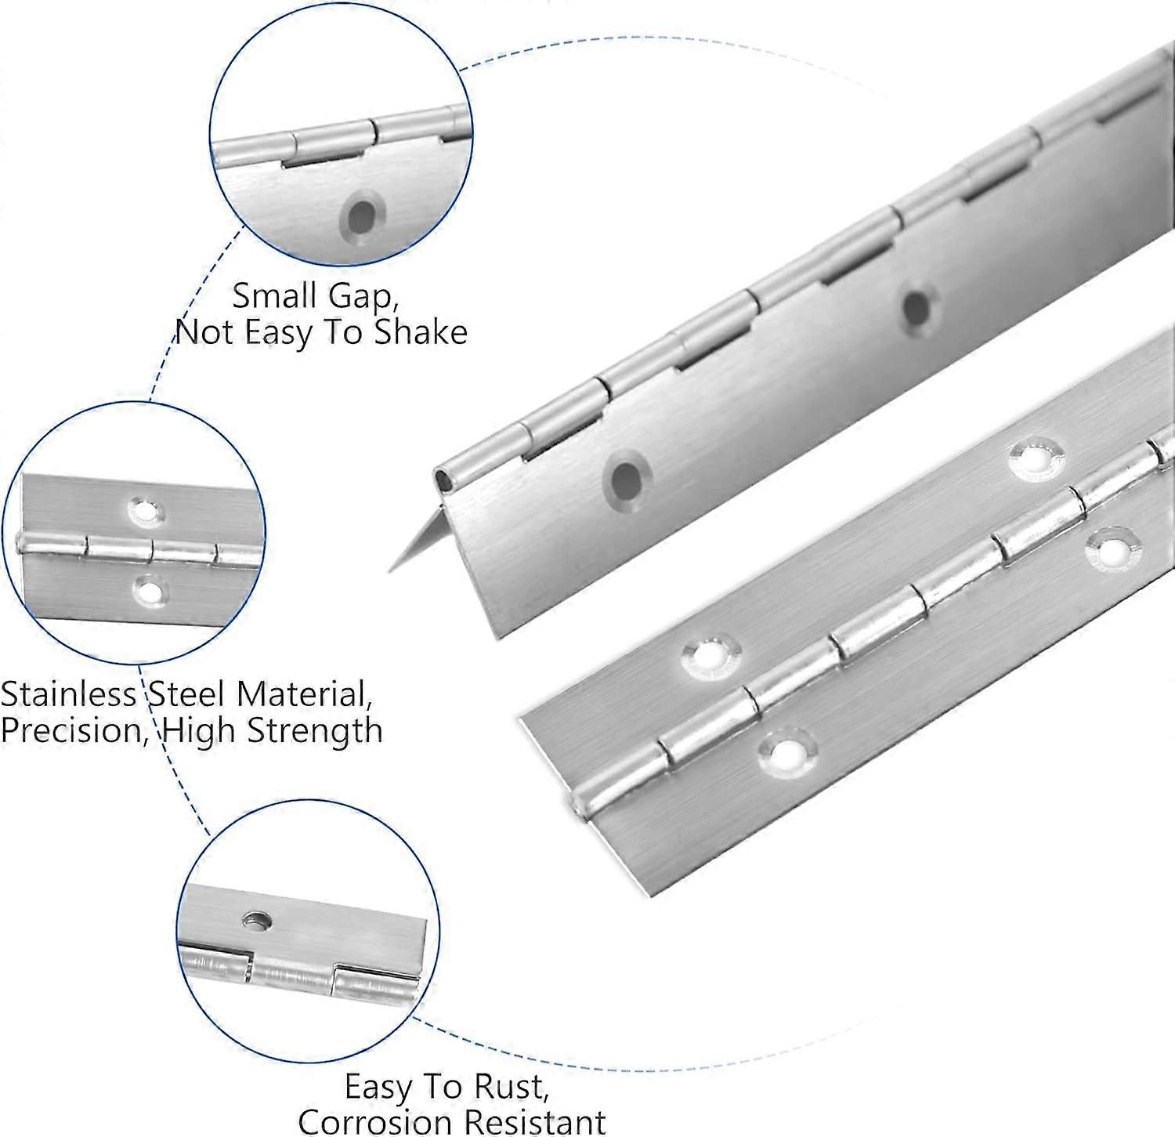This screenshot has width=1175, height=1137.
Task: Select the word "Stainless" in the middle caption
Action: click(x=69, y=694)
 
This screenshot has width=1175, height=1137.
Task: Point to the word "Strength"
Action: click(x=314, y=730)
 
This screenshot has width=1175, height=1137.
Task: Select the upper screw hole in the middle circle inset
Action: click(x=143, y=511)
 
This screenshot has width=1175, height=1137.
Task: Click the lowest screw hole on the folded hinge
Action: click(x=626, y=477)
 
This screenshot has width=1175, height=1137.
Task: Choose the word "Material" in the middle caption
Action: click(x=301, y=694)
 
